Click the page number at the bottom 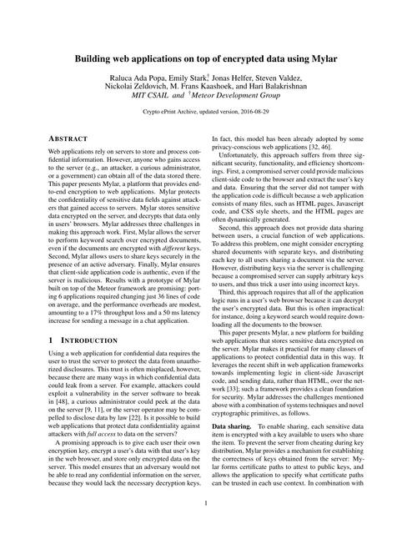click(x=205, y=503)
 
